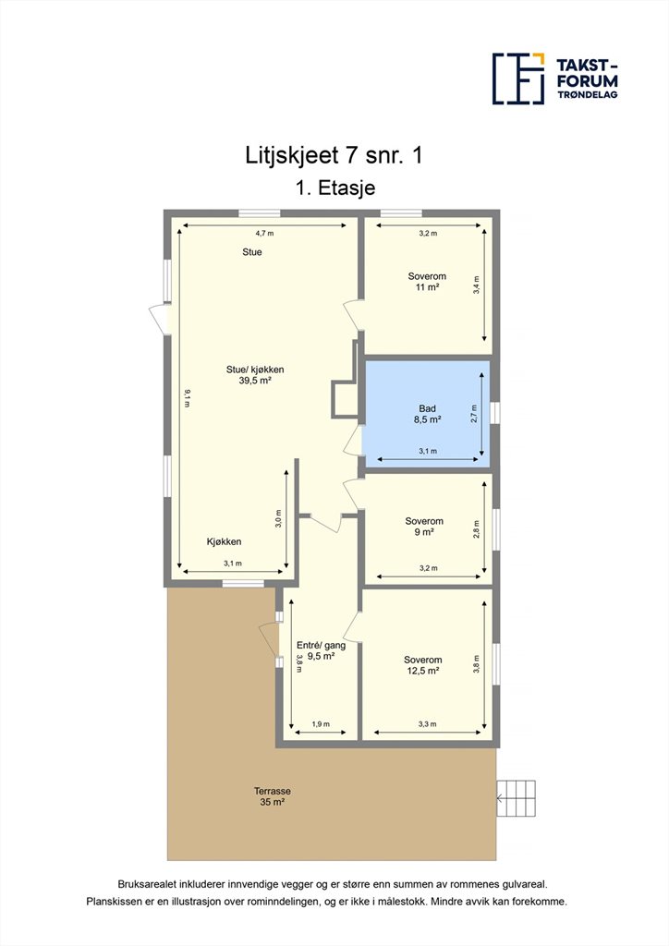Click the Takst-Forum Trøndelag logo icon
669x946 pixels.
[518, 79]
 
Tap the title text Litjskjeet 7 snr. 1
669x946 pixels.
[334, 155]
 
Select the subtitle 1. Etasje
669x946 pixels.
[335, 188]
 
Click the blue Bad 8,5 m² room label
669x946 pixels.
[427, 414]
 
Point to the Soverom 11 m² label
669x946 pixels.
[427, 282]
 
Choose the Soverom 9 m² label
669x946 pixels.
[424, 527]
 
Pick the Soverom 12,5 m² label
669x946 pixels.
[423, 665]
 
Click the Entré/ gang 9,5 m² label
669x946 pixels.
[321, 650]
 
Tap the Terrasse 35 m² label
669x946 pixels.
[272, 796]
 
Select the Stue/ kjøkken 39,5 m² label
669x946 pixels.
[254, 375]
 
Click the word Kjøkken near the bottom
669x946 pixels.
[224, 541]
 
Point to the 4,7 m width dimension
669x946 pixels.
[264, 233]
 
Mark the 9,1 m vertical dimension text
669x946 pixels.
[187, 399]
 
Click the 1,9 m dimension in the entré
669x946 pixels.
[321, 724]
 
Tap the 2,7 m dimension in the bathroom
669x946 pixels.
[475, 414]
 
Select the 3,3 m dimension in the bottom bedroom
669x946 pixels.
[427, 724]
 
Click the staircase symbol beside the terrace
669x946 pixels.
[517, 798]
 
